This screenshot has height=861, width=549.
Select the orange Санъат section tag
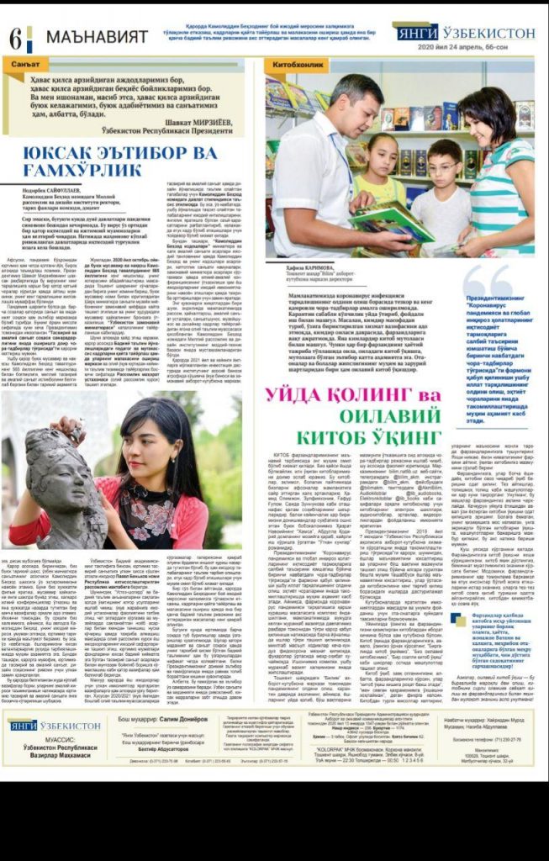[x=29, y=64]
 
